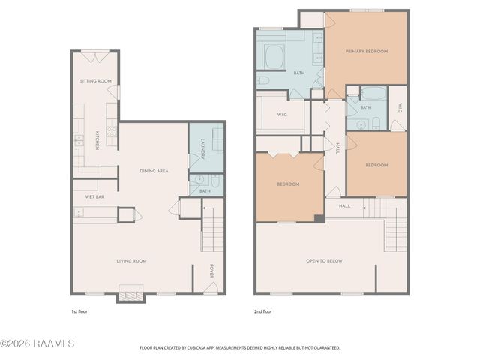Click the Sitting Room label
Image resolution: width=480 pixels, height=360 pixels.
click(95, 80)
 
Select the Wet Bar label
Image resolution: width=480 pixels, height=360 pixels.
click(94, 196)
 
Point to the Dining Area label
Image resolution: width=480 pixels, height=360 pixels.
click(154, 171)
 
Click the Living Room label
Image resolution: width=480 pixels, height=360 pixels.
click(131, 261)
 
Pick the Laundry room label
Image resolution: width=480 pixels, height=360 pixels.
click(202, 147)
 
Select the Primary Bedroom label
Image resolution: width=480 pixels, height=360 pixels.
click(366, 51)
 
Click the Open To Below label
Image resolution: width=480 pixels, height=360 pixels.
click(324, 261)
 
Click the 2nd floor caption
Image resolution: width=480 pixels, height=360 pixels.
click(262, 310)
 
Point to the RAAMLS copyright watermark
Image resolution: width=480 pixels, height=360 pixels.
click(37, 343)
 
